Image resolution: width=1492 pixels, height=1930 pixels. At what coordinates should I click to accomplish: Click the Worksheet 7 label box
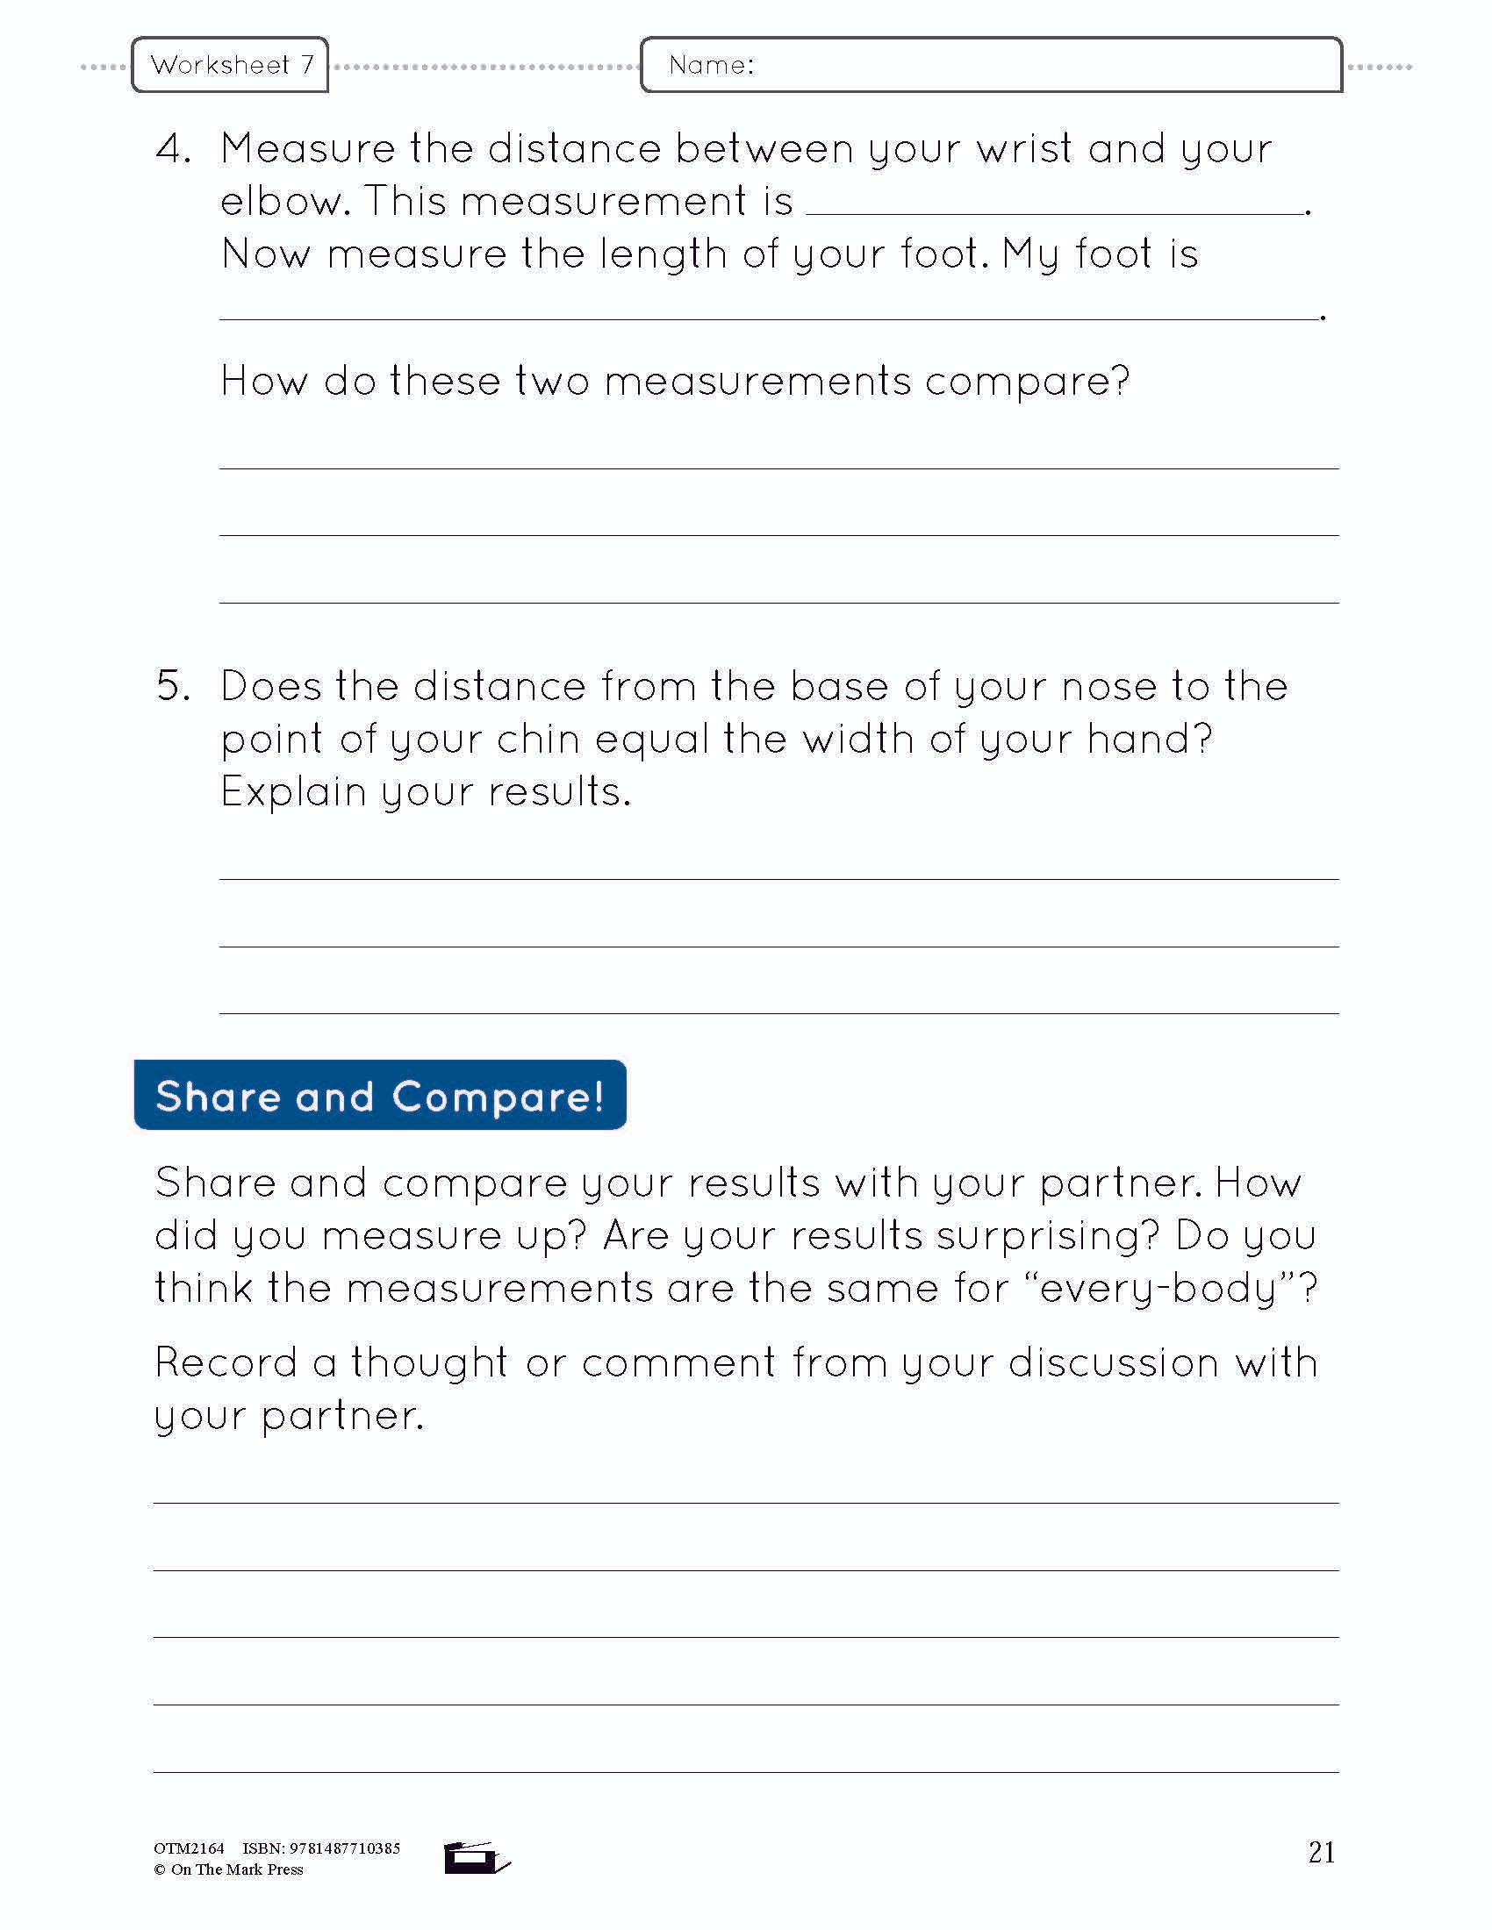click(230, 65)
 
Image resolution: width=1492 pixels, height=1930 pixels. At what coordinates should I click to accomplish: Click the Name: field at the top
click(990, 65)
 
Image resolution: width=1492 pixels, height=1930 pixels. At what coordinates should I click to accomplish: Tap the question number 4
click(173, 148)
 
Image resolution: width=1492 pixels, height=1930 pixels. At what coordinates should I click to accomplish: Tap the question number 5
click(173, 686)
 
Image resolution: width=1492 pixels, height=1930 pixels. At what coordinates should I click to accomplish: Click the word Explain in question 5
click(293, 792)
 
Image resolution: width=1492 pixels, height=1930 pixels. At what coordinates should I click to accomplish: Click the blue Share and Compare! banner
click(380, 1096)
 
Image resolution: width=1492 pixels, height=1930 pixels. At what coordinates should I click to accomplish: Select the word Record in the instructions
click(226, 1362)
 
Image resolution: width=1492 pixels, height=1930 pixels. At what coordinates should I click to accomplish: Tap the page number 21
click(1321, 1852)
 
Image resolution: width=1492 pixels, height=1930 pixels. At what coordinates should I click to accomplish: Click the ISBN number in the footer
click(345, 1848)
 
